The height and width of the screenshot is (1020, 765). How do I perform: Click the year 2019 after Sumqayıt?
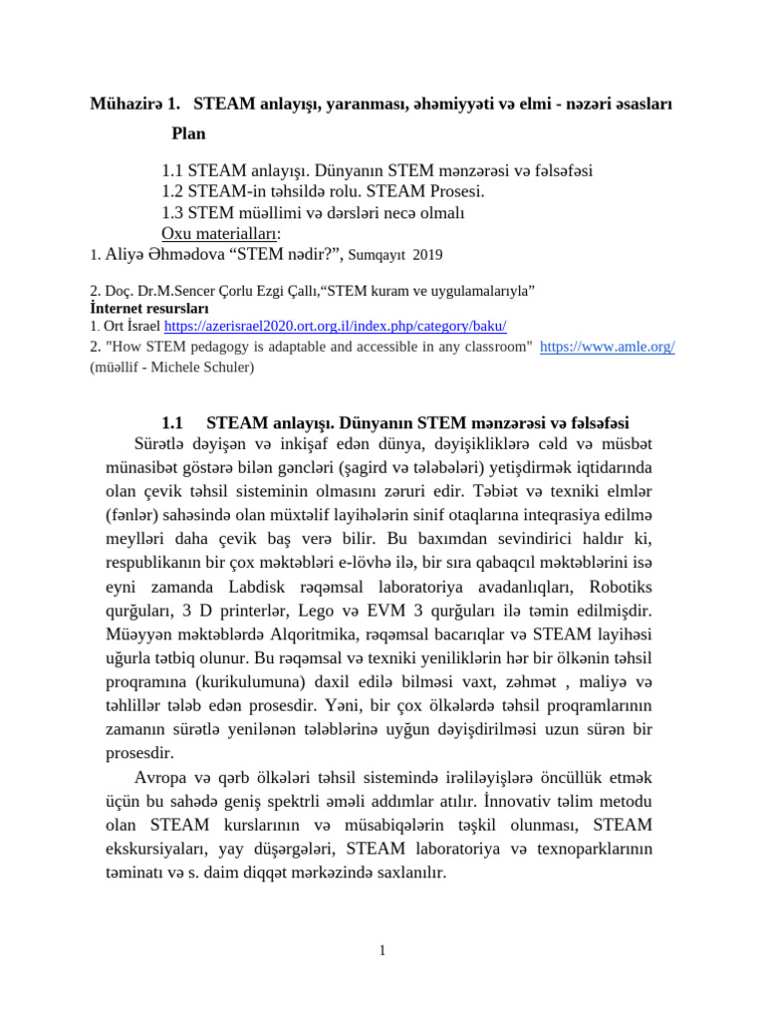(426, 255)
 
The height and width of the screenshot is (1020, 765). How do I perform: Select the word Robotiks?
(620, 585)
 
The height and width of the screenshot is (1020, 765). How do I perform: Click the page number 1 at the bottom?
(382, 951)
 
